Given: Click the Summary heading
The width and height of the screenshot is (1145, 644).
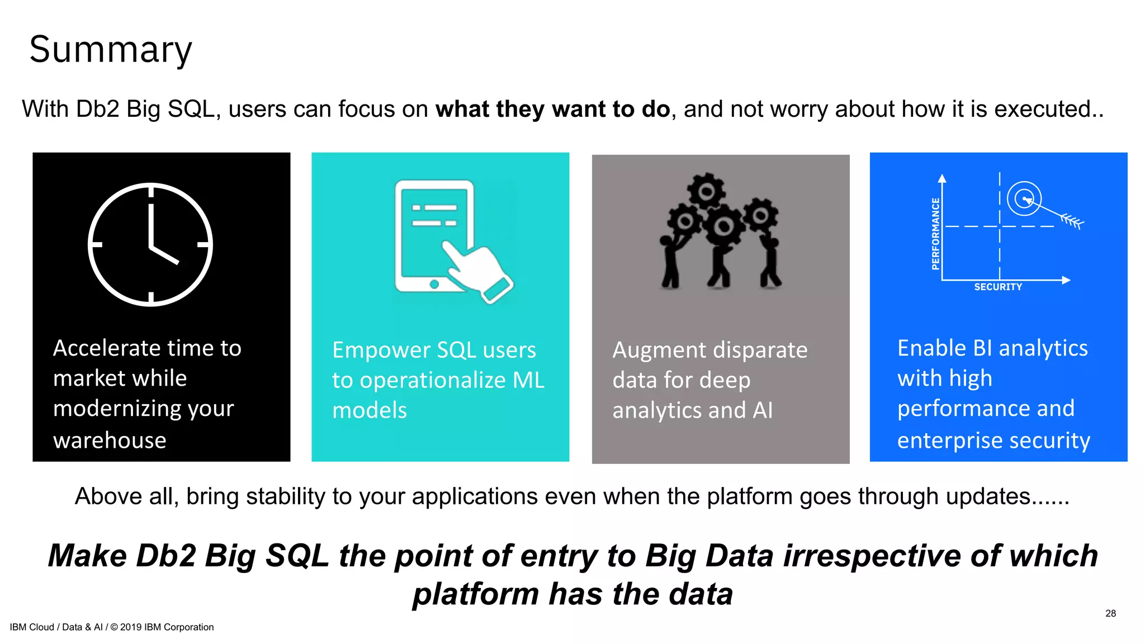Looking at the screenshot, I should coord(110,49).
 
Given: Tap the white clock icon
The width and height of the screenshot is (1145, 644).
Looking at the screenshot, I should coord(150,244).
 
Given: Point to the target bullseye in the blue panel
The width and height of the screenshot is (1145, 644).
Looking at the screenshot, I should coord(1024,198).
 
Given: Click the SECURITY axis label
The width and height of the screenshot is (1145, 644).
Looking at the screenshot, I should coord(998,287).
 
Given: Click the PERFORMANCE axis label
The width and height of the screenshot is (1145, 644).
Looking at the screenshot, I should coord(935,234).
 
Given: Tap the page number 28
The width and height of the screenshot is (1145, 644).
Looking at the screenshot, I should coord(1110,613).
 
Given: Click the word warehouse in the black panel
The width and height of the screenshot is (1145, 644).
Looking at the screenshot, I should coord(110,441).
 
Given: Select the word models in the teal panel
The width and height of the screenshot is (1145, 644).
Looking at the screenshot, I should coord(370,410).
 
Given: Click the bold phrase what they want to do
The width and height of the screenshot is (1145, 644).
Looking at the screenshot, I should coord(552,109).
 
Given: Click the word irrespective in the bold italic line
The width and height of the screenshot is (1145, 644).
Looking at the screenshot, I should coord(871,556).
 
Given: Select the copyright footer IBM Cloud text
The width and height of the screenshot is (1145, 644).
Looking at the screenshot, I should coord(111,627).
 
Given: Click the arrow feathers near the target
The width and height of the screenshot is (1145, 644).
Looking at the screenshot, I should coord(1072,221).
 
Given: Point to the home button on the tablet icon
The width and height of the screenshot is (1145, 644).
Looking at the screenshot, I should coord(434,284).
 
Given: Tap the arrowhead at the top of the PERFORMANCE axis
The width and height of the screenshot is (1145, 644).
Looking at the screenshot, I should coord(942,178).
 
